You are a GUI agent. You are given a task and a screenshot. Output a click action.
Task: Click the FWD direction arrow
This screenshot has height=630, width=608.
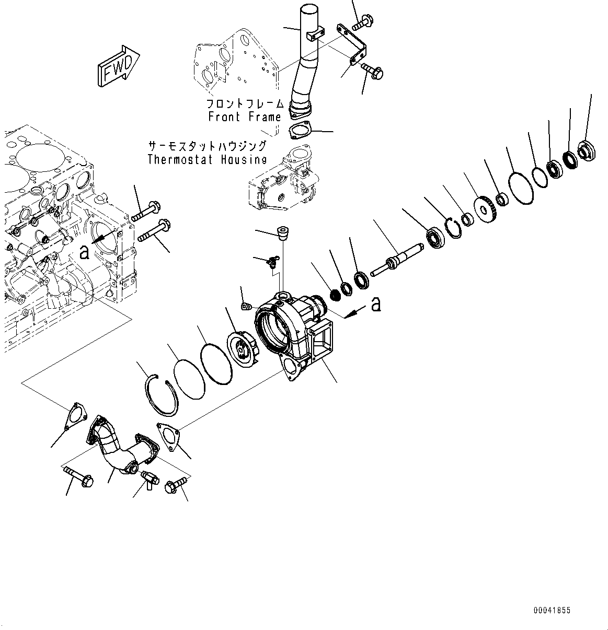pos(117,65)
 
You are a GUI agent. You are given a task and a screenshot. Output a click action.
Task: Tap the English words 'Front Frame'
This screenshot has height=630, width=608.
pos(245,117)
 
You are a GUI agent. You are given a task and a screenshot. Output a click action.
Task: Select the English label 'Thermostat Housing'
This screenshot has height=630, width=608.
pos(207,159)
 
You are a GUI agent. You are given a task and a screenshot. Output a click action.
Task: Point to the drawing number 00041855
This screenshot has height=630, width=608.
pos(552,610)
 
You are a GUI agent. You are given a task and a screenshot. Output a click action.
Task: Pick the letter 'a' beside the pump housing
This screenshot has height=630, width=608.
pos(375,304)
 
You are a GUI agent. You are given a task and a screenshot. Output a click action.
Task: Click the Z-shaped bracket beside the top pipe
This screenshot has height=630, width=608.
pos(354,46)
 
